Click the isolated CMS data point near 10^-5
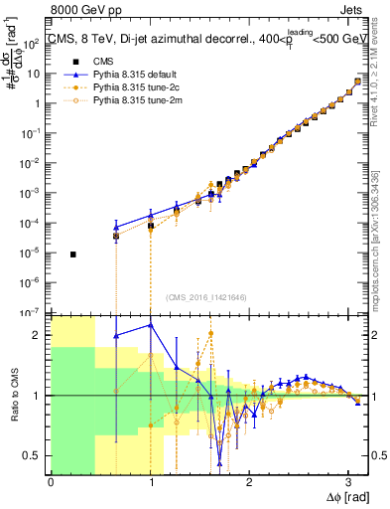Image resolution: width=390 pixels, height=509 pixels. pos(74,254)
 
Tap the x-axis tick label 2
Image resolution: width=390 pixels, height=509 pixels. pos(248,480)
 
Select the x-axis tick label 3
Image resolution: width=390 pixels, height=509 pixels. pos(347,480)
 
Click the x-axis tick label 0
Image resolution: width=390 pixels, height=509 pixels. pos(51,480)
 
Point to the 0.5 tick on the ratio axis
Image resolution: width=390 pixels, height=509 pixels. pos(36,455)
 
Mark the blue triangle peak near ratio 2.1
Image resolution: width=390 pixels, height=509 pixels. pos(151,324)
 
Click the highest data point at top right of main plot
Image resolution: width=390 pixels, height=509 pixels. pos(357,82)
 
